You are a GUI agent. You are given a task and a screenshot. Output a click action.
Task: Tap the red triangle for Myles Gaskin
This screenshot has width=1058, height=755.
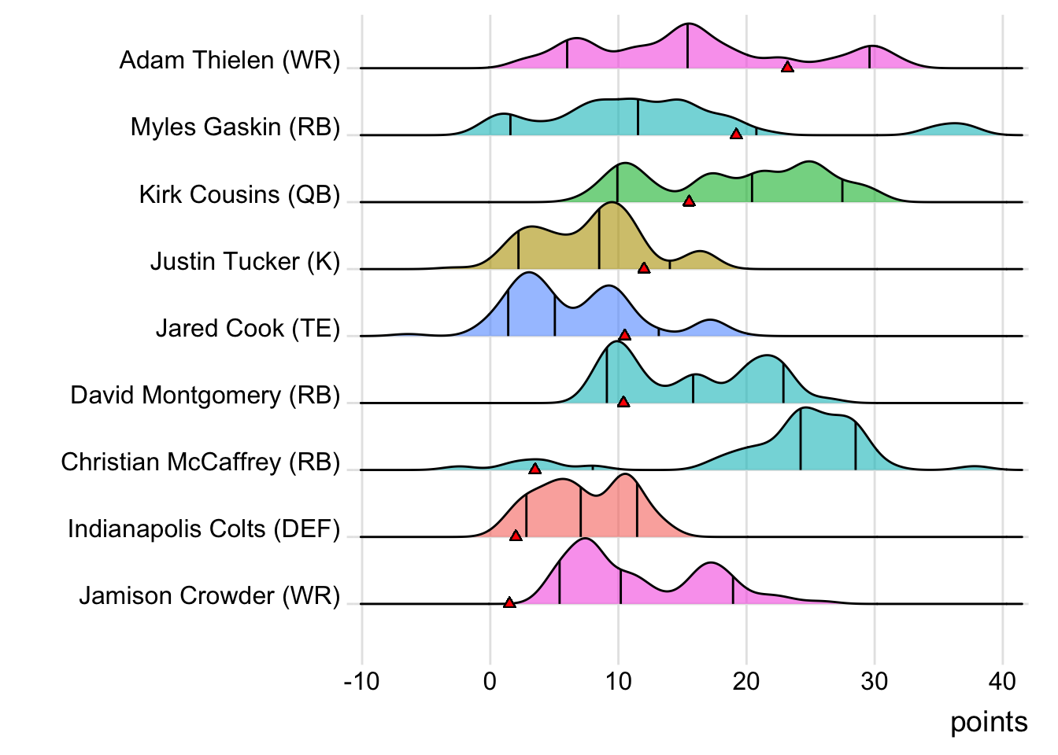736,134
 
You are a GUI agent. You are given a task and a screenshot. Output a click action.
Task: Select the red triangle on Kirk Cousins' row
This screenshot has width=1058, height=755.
689,201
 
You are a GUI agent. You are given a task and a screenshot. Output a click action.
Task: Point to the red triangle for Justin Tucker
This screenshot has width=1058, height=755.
644,268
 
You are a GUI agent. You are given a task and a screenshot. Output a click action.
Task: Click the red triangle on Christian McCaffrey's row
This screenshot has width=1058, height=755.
535,469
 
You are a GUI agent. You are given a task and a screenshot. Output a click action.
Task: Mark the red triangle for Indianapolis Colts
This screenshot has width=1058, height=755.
516,536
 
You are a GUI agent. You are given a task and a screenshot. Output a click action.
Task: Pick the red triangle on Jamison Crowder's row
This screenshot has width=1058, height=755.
509,602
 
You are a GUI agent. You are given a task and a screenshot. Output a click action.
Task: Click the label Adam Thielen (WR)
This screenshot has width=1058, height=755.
230,61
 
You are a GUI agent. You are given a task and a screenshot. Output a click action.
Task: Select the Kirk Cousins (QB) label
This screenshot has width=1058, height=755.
239,194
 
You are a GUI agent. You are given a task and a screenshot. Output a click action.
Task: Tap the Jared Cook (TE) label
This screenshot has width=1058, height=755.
247,328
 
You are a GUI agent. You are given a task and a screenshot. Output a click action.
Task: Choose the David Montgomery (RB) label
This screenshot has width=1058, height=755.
205,395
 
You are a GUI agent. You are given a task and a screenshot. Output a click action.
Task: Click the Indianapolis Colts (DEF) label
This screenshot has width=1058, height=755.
204,528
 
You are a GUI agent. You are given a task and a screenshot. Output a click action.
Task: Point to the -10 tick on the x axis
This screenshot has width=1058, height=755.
361,681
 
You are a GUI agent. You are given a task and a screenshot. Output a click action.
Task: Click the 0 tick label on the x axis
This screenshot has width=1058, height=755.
490,681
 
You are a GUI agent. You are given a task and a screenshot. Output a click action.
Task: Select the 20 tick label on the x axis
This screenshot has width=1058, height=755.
746,681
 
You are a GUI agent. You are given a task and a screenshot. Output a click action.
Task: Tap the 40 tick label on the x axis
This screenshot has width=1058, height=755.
1002,681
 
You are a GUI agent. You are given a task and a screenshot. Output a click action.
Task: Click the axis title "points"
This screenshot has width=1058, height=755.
989,722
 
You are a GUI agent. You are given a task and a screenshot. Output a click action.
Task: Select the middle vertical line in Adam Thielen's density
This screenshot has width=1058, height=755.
687,47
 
